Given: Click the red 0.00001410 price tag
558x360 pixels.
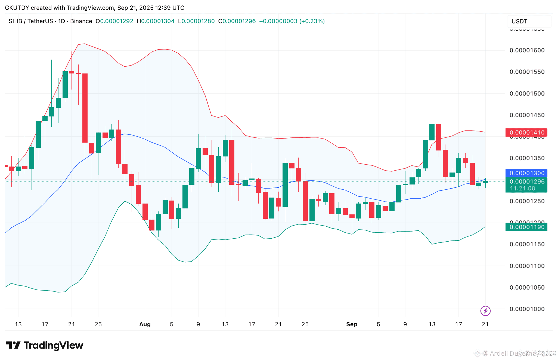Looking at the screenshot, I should (526, 133).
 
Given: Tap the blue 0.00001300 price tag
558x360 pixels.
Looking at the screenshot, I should (526, 173).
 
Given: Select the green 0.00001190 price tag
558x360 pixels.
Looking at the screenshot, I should (526, 227).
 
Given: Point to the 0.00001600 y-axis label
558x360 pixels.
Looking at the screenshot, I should (527, 50).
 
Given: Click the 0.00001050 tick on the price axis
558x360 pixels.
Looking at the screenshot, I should (527, 287).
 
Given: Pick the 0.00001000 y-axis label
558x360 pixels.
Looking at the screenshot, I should (527, 309).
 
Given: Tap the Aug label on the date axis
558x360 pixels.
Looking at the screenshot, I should (145, 324).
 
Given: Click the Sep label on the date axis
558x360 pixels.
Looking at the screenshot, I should (352, 324).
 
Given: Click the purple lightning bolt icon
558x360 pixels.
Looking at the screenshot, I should (485, 310).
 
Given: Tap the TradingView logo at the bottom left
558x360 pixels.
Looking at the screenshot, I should (45, 345).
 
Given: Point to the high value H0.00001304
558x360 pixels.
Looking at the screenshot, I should (156, 21).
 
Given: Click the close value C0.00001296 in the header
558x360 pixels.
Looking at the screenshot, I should (237, 21).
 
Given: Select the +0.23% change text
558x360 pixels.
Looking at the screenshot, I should (312, 21).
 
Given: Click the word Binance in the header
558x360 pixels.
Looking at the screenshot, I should (81, 21).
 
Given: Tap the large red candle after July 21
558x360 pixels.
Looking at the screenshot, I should (85, 108).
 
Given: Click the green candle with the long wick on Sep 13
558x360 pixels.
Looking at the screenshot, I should (432, 132).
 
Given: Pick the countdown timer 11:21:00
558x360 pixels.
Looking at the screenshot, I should (522, 188).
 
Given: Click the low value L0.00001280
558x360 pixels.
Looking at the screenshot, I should (196, 21).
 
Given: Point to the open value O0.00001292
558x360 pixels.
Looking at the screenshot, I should (114, 21).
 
